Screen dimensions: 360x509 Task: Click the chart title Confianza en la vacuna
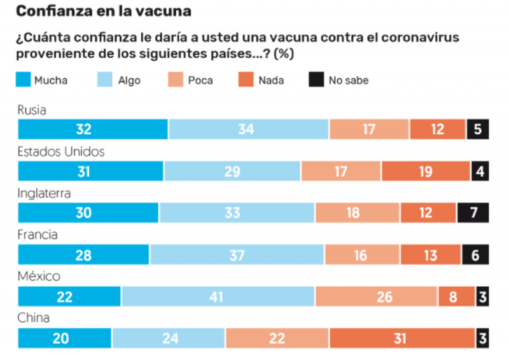pyautogui.click(x=103, y=11)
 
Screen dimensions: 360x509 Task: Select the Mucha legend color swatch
pyautogui.click(x=24, y=80)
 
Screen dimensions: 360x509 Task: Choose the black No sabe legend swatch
pyautogui.click(x=315, y=80)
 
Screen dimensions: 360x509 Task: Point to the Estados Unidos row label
pyautogui.click(x=61, y=152)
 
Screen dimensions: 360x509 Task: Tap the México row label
pyautogui.click(x=39, y=277)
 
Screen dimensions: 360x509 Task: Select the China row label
pyautogui.click(x=34, y=318)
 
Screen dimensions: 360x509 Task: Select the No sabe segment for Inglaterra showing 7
pyautogui.click(x=472, y=213)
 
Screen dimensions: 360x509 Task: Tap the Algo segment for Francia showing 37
pyautogui.click(x=237, y=254)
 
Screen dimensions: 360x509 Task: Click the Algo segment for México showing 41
pyautogui.click(x=218, y=296)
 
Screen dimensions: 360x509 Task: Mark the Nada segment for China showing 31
pyautogui.click(x=401, y=338)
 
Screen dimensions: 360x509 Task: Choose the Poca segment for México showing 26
pyautogui.click(x=376, y=296)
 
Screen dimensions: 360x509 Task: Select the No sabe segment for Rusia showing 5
pyautogui.click(x=477, y=129)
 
